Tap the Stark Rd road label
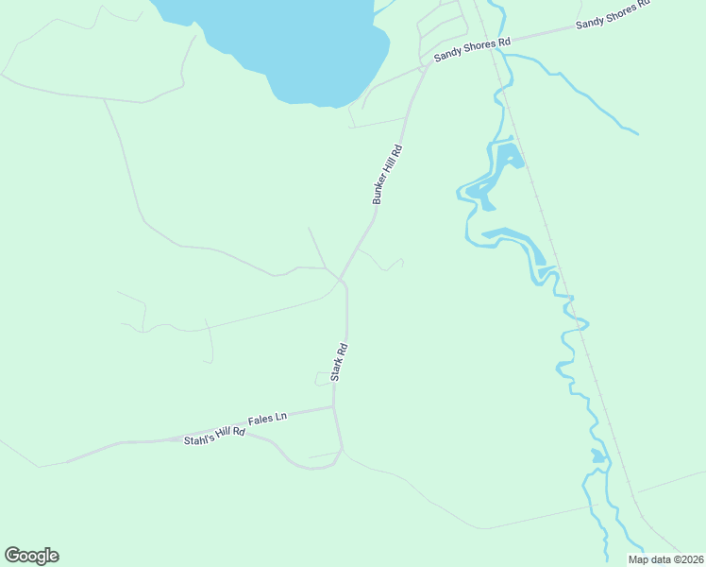pyautogui.click(x=340, y=362)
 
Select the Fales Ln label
pyautogui.click(x=267, y=418)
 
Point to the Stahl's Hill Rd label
pyautogui.click(x=214, y=437)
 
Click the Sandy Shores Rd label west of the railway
pyautogui.click(x=472, y=50)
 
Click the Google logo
pyautogui.click(x=31, y=556)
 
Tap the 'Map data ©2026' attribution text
pyautogui.click(x=665, y=559)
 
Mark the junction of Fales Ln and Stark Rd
pyautogui.click(x=333, y=407)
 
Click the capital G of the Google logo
pyautogui.click(x=12, y=556)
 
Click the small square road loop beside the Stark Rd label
pyautogui.click(x=323, y=379)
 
